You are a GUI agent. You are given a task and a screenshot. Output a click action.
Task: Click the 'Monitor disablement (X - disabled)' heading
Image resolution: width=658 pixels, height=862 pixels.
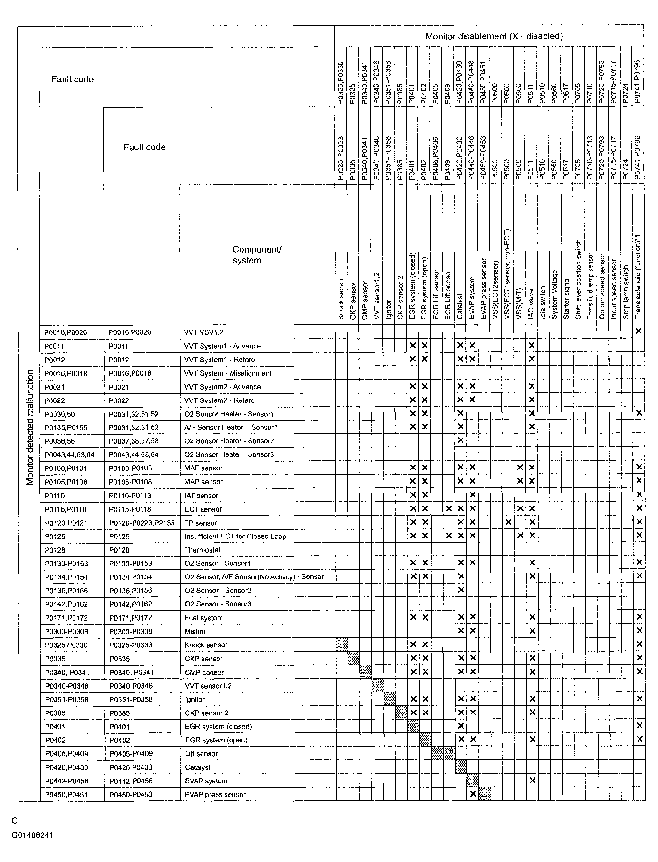[x=494, y=36]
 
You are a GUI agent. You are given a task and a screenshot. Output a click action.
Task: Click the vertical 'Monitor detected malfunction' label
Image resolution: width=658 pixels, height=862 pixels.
[x=30, y=427]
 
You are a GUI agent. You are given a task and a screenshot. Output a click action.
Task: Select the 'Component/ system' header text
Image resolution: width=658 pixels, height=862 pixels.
[x=256, y=255]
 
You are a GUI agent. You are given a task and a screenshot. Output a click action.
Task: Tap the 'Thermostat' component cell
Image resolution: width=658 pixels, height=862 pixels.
[x=203, y=550]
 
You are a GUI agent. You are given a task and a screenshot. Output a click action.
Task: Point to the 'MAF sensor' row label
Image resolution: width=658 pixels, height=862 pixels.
[x=203, y=468]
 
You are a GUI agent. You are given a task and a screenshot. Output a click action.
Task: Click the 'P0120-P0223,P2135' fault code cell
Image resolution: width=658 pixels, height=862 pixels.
[x=142, y=523]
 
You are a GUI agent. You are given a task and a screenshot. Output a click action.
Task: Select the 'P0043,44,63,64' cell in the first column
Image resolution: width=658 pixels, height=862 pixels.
[x=69, y=455]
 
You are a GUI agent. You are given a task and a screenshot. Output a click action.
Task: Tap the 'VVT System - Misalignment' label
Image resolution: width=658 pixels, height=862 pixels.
[x=227, y=373]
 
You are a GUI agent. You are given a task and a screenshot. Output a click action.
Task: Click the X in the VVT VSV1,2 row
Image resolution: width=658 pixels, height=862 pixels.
[x=639, y=331]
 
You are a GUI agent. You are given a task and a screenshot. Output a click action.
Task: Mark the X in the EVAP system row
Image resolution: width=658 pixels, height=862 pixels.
[x=532, y=780]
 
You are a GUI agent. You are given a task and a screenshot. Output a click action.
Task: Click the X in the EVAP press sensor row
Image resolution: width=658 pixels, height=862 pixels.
[x=473, y=794]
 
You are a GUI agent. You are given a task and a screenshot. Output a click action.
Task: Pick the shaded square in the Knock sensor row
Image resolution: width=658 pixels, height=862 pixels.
[x=341, y=645]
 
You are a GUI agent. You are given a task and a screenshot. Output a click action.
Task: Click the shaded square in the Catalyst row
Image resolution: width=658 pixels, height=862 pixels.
[x=461, y=767]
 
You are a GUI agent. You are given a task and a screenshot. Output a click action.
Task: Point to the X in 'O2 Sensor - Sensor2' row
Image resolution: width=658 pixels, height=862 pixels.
[x=461, y=590]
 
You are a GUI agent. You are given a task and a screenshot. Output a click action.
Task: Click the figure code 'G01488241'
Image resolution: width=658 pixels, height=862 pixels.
[x=32, y=835]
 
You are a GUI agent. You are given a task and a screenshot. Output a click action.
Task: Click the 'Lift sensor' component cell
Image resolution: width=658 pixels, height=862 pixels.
[x=201, y=753]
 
